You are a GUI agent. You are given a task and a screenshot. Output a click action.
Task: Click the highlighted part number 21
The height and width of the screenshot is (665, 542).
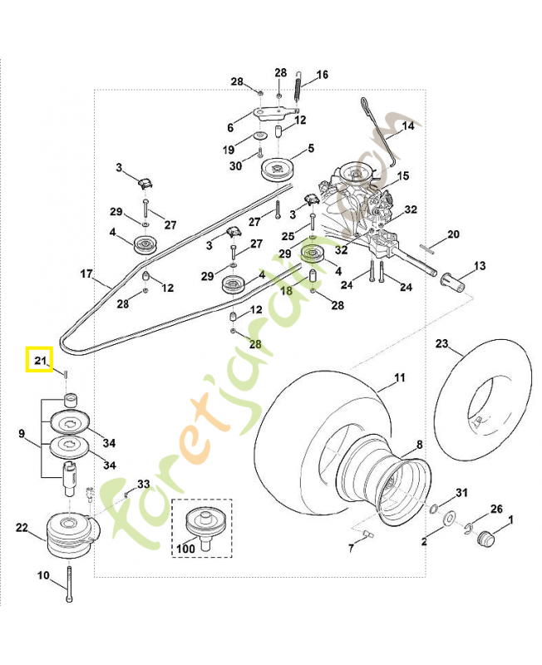38,359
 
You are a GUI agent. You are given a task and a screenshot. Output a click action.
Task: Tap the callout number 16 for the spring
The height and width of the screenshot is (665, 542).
322,75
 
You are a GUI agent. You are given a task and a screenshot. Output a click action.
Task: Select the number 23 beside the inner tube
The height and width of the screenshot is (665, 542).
441,343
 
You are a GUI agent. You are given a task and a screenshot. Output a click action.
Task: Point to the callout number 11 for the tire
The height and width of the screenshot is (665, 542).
399,378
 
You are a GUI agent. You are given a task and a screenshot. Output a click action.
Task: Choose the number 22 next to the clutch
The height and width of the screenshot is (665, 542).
22,528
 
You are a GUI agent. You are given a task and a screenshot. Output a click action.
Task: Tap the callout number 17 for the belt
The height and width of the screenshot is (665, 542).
86,273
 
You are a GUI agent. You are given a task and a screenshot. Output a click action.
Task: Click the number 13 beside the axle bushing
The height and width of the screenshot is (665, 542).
480,266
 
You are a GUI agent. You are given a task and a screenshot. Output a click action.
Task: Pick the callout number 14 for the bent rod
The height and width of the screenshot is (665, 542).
407,126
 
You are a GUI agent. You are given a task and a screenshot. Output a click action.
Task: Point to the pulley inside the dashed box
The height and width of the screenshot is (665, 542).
202,521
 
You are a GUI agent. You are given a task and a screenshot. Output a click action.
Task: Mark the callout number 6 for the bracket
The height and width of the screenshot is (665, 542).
231,128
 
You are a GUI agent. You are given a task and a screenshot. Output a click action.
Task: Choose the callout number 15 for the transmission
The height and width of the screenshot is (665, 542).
403,176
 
